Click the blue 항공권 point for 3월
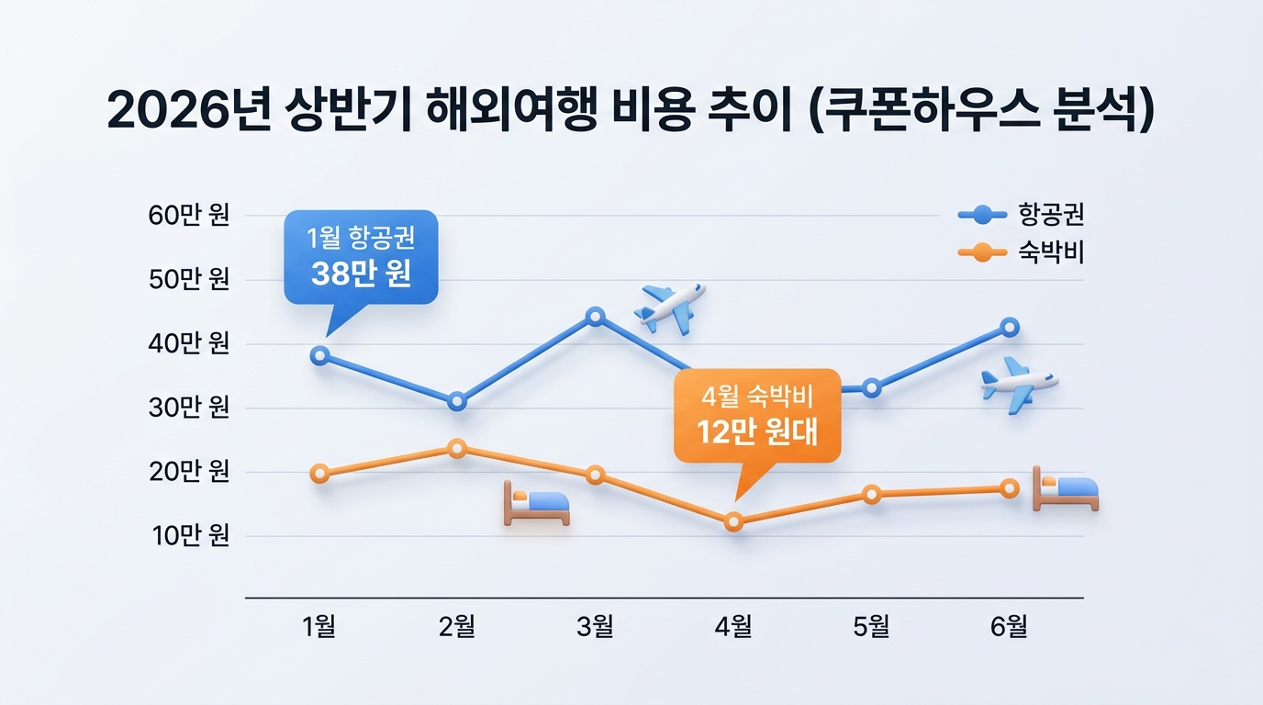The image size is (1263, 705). (595, 317)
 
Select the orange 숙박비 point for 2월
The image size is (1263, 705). (457, 449)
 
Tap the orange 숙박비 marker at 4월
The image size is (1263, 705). (733, 522)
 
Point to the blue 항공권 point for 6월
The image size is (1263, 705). (1010, 327)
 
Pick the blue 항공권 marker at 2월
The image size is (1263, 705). (457, 401)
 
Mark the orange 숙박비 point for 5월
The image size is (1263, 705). (872, 495)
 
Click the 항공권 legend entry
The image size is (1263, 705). (1021, 215)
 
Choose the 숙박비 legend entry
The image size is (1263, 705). (1021, 252)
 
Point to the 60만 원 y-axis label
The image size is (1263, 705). (189, 216)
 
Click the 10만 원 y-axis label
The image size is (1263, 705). (189, 536)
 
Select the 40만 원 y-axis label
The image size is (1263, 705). (189, 344)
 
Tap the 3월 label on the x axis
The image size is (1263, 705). (595, 627)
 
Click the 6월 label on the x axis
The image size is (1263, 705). (1009, 627)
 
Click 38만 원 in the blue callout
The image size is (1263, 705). (361, 274)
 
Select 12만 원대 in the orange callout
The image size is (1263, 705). (756, 431)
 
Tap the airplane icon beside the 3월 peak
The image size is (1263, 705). (670, 307)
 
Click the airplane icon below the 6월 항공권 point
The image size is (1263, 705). (1017, 384)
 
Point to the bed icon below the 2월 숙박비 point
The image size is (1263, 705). (536, 504)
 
